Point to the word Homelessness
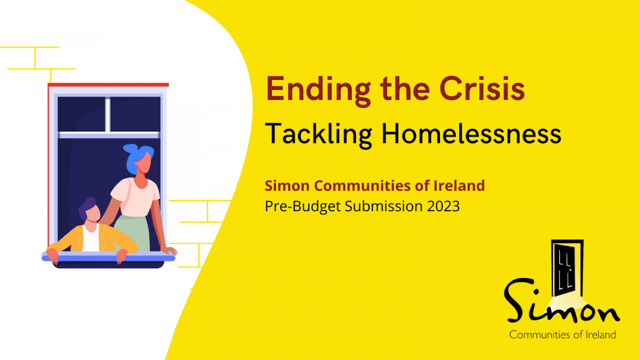[471, 134]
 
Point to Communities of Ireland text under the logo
[562, 335]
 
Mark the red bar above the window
[108, 85]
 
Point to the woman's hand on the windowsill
[170, 251]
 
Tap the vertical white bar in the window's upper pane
[107, 115]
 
